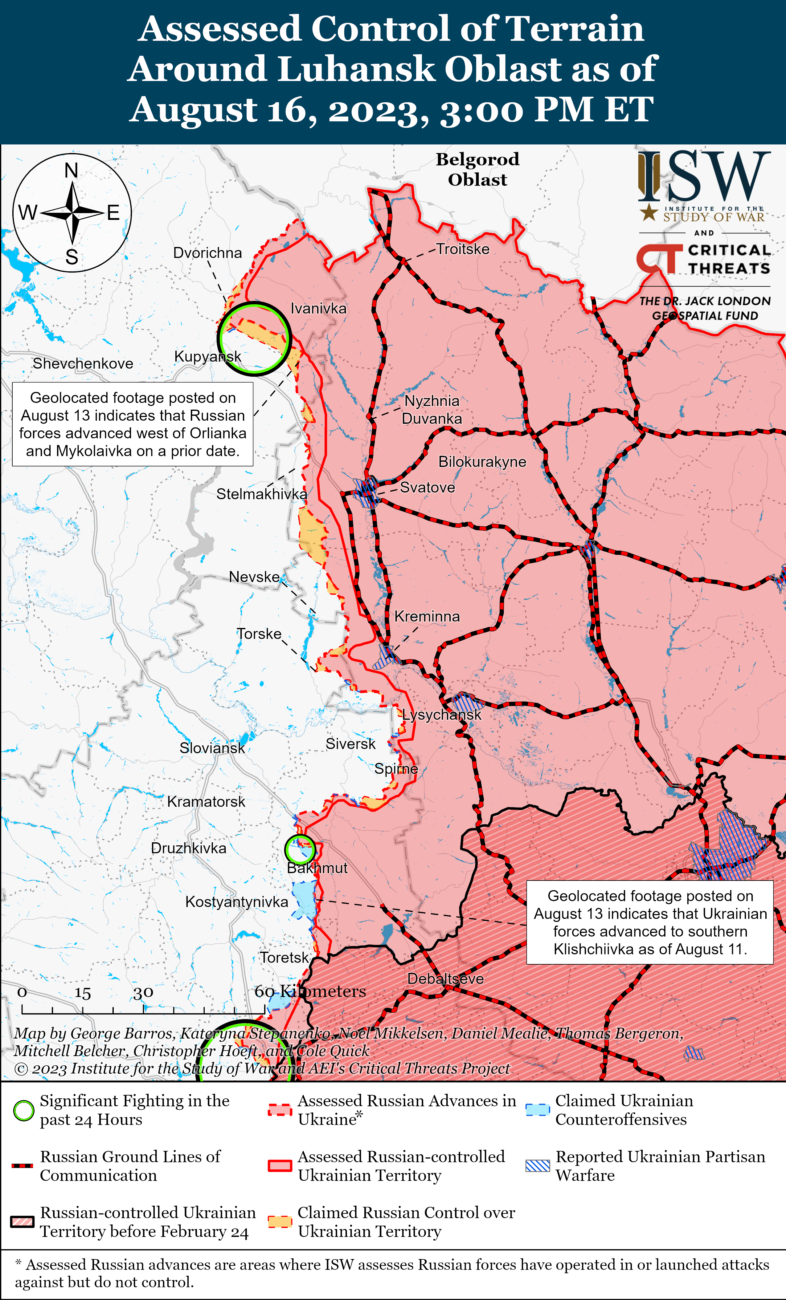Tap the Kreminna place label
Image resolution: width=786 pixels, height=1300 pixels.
(427, 616)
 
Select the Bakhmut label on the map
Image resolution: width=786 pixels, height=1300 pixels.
(317, 868)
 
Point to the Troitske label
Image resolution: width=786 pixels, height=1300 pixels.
(462, 249)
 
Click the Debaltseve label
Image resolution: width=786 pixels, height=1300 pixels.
(445, 979)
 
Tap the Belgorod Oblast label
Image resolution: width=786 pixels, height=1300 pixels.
(477, 169)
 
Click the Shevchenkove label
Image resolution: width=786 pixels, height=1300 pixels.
(83, 363)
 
